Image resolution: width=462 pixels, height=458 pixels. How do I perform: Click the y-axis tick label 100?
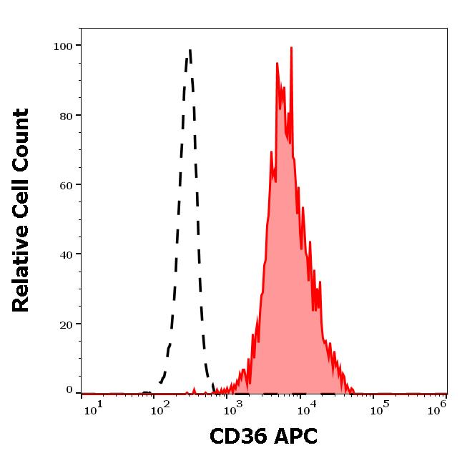pyautogui.click(x=63, y=46)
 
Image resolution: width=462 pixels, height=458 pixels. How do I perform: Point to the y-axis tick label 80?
pyautogui.click(x=66, y=116)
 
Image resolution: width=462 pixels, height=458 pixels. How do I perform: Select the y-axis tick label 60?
pyautogui.click(x=66, y=185)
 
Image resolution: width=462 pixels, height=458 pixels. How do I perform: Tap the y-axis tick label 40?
pyautogui.click(x=66, y=254)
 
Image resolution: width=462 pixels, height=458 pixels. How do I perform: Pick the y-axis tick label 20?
pyautogui.click(x=66, y=324)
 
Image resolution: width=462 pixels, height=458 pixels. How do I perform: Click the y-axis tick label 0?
pyautogui.click(x=69, y=391)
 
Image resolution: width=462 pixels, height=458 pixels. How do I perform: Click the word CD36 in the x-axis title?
pyautogui.click(x=237, y=436)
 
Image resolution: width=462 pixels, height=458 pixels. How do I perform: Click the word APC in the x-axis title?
pyautogui.click(x=294, y=436)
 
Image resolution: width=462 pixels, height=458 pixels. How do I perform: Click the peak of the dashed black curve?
pyautogui.click(x=190, y=50)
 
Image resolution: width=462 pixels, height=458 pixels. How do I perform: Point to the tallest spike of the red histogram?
pyautogui.click(x=291, y=49)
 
